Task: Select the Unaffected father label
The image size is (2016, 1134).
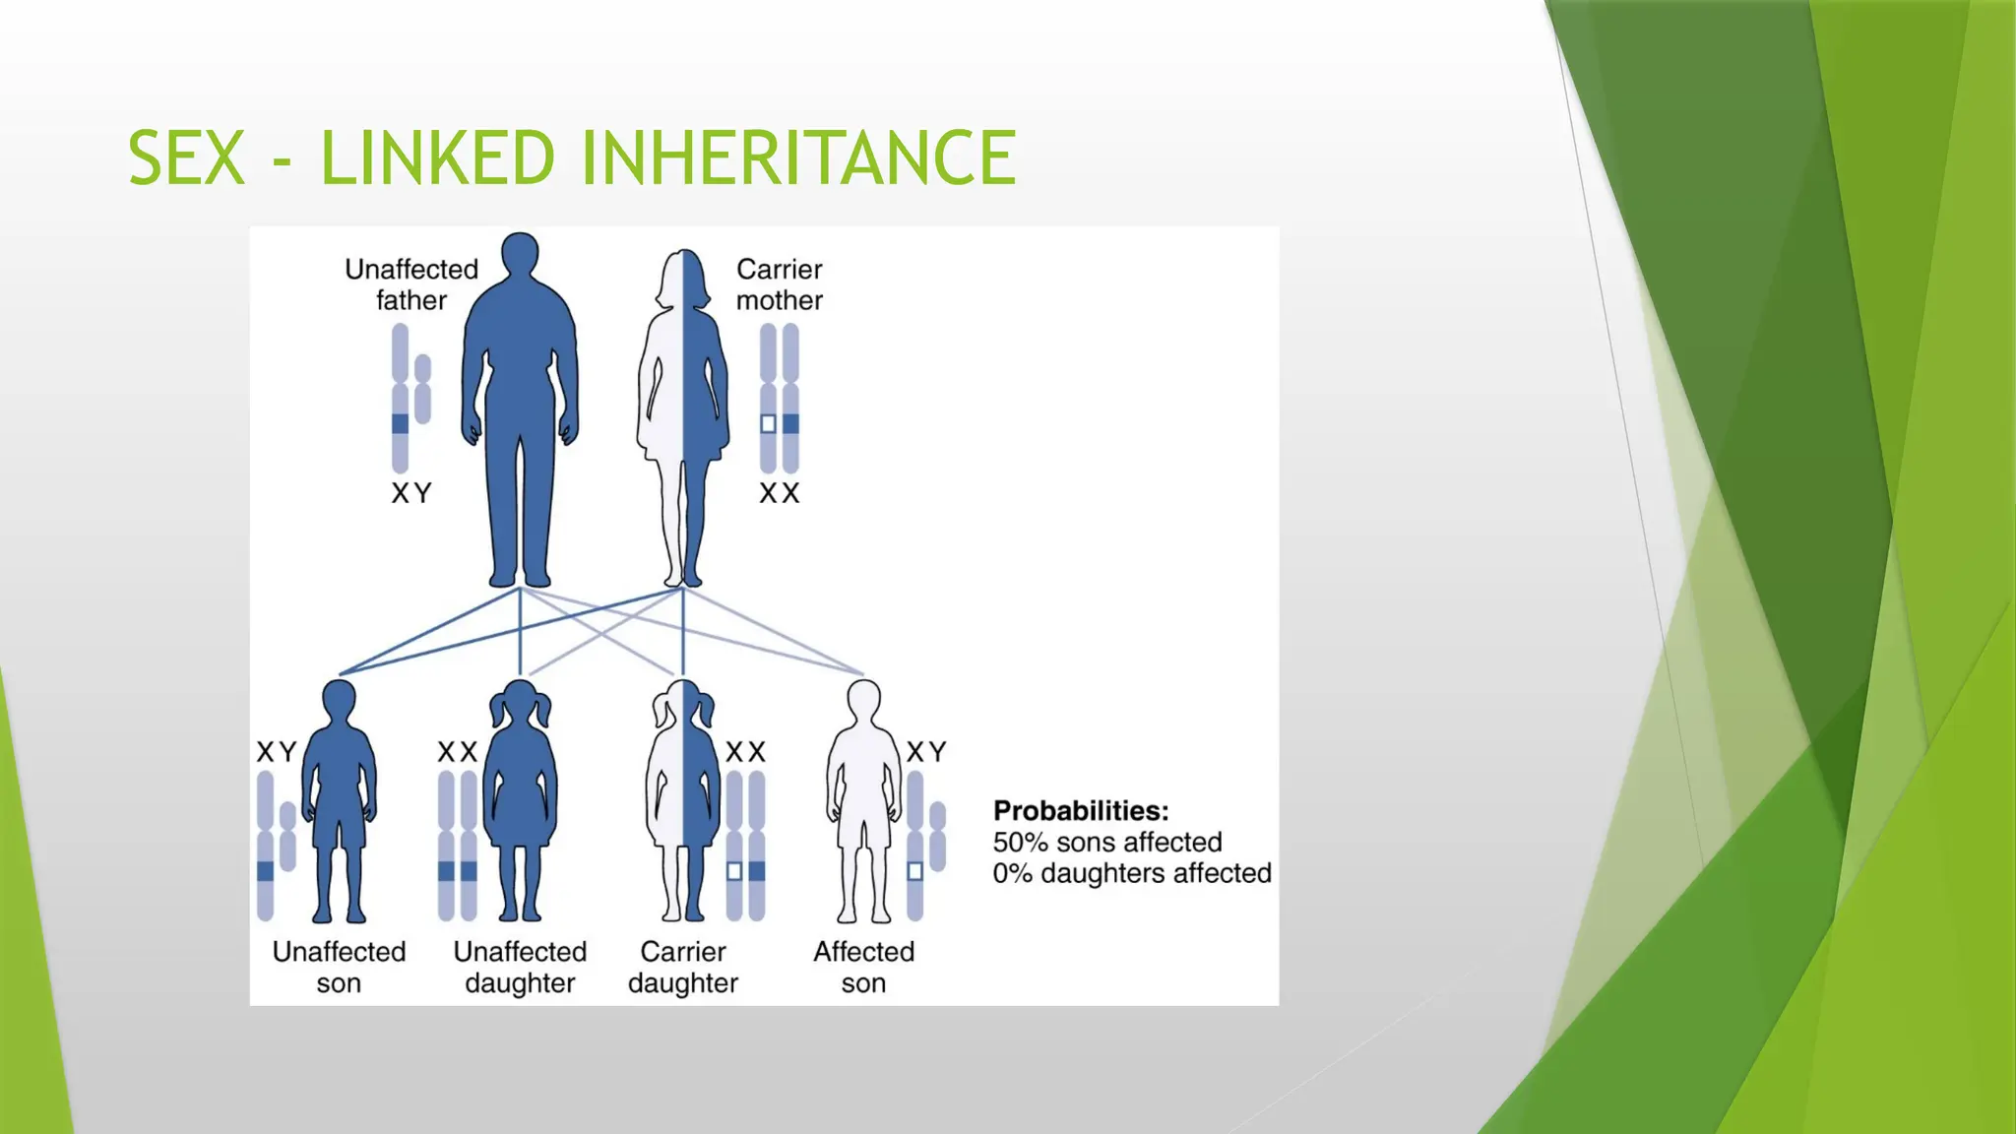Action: click(x=411, y=284)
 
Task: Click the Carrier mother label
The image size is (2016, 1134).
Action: click(x=779, y=284)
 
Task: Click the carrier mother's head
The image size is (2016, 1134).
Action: click(x=683, y=279)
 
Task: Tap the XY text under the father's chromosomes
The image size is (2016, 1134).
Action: click(x=411, y=493)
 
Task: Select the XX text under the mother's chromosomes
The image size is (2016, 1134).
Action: click(x=779, y=493)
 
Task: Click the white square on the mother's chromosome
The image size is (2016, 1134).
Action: click(x=768, y=424)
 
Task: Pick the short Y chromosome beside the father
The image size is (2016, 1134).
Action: click(x=423, y=389)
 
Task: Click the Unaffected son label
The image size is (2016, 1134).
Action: click(x=339, y=967)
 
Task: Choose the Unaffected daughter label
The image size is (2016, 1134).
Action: click(x=520, y=967)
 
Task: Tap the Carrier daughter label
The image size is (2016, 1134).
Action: click(x=683, y=967)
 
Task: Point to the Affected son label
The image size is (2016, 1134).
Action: click(x=863, y=967)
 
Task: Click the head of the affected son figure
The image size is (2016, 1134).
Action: click(x=863, y=701)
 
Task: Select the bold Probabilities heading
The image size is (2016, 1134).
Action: click(x=1081, y=810)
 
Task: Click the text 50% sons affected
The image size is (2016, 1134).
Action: click(x=1107, y=842)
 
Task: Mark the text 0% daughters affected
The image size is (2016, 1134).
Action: click(x=1132, y=873)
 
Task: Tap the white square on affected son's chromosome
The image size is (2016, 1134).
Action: click(x=914, y=871)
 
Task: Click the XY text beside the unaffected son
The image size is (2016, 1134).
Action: click(x=277, y=752)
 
